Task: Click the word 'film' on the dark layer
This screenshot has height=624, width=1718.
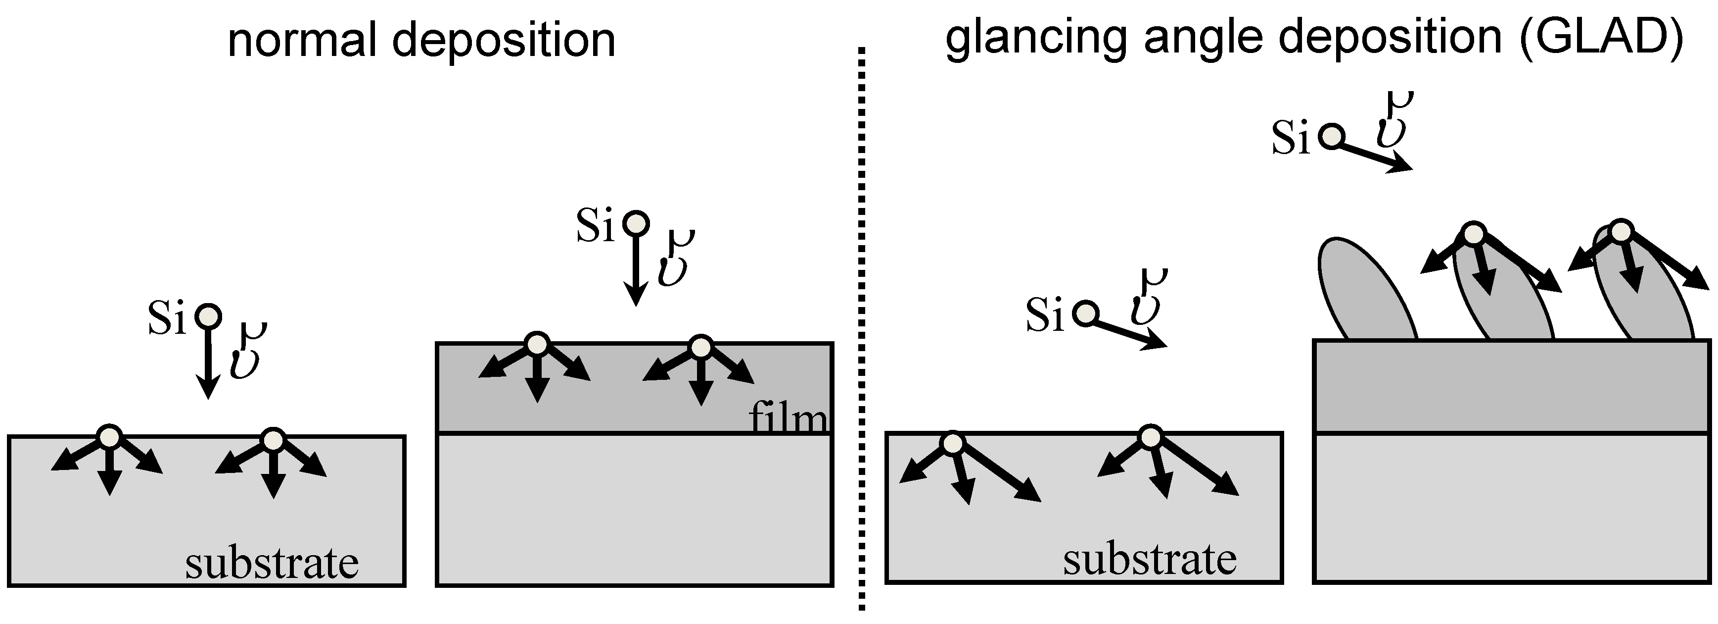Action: (x=788, y=418)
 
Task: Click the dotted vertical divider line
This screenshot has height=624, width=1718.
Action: (x=862, y=334)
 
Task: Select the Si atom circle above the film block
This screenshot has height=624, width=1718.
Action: (x=636, y=223)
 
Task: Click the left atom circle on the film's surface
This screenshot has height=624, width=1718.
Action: (x=537, y=344)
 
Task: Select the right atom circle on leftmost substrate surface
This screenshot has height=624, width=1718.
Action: (x=273, y=440)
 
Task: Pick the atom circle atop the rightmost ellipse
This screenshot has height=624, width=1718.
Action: (x=1622, y=232)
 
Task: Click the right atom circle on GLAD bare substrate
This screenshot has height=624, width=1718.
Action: (x=1149, y=437)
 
